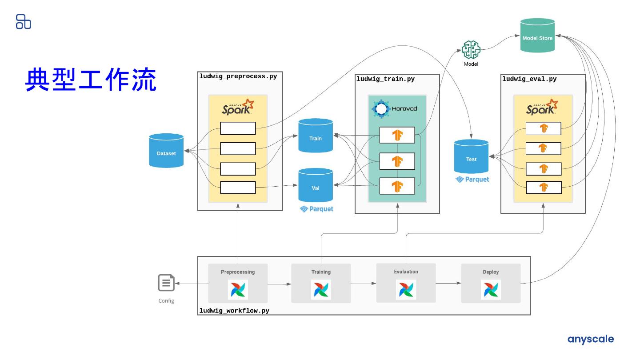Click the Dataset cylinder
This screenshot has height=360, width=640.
coord(166,151)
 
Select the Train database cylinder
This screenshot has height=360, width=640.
coord(316,136)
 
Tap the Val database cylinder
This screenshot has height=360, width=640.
coord(316,185)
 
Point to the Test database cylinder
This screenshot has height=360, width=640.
coord(471,157)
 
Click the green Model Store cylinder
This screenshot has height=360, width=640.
coord(537,36)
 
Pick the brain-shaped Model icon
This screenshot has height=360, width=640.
coord(471,50)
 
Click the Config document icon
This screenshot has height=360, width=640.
coord(166,283)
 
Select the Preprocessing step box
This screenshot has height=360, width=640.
coord(238,283)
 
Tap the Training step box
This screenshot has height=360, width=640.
coord(321,283)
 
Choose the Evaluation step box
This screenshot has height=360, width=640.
coord(406,283)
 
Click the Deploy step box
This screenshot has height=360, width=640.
coord(491,283)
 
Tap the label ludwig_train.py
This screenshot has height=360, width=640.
coord(386,79)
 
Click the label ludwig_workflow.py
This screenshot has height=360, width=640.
coord(234,311)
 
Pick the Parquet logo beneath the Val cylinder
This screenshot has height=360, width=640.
coord(316,209)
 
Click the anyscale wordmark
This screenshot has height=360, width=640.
coord(590,340)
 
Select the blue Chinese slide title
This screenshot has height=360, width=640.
coord(91,80)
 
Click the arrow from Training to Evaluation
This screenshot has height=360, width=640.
coord(364,283)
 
